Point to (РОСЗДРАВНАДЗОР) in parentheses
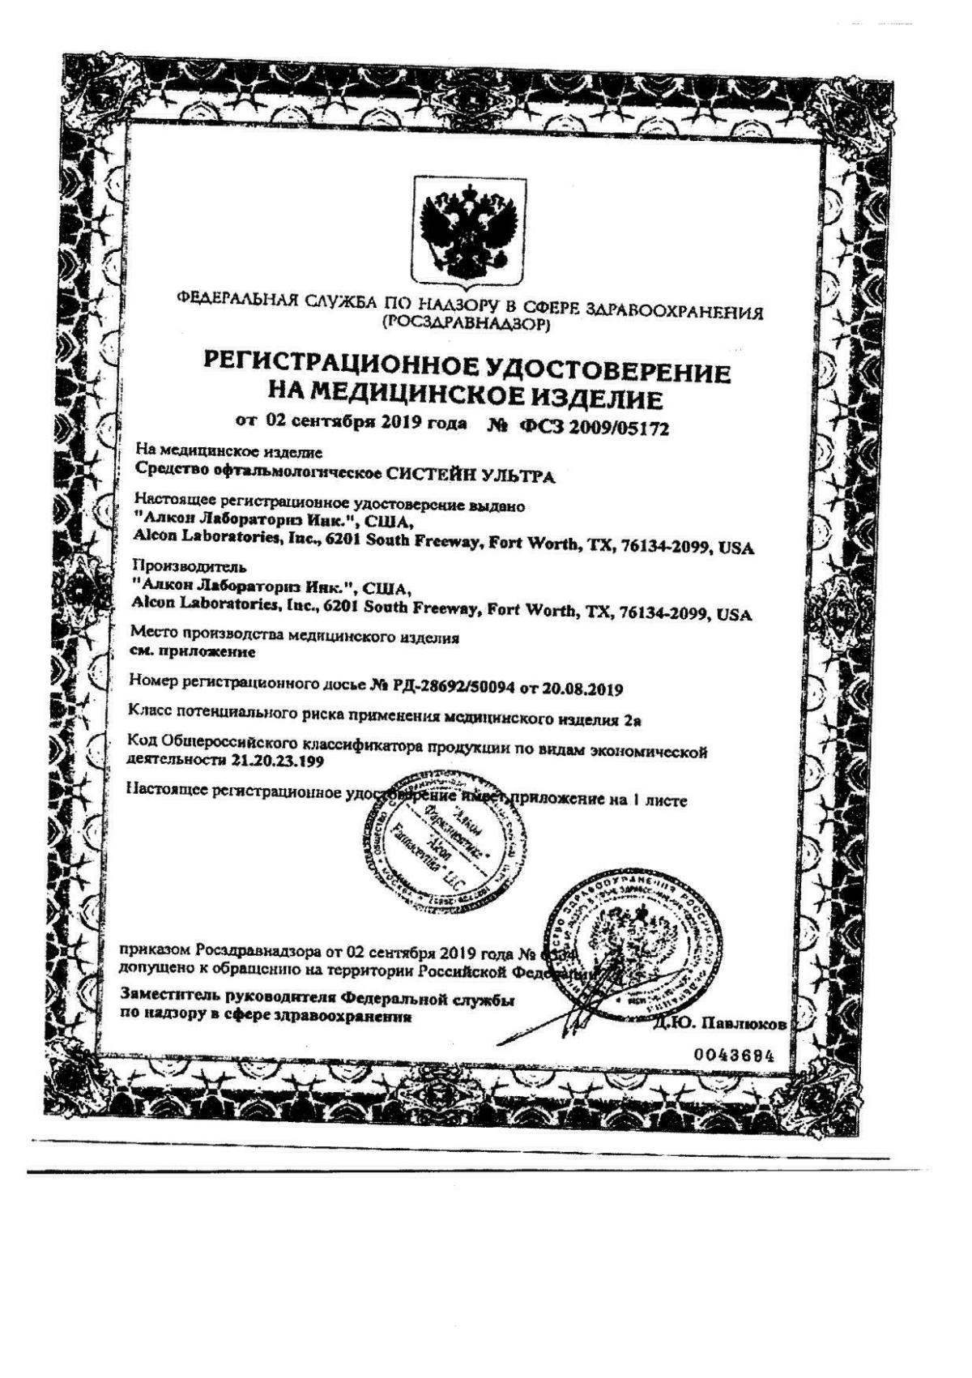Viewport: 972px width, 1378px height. point(469,326)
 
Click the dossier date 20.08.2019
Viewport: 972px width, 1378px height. point(581,690)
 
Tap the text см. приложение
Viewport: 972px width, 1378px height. point(193,651)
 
